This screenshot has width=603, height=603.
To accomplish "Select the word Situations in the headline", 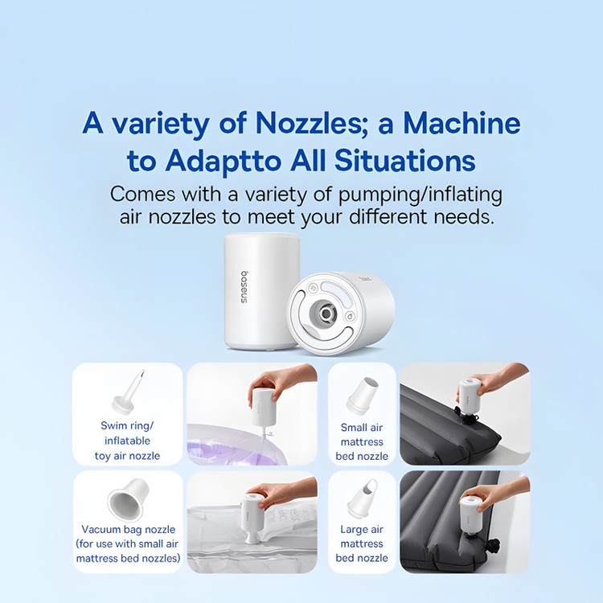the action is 405,160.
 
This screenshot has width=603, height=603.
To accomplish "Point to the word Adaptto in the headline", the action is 223,162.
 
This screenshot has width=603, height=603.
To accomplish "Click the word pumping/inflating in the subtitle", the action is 420,195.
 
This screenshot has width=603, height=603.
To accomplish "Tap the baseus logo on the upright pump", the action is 244,287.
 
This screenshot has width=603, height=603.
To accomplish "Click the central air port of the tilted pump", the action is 326,314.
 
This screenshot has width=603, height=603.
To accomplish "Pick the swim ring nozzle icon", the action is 129,391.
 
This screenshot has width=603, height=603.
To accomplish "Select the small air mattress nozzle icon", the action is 362,396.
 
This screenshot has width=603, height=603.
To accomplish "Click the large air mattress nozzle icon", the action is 362,498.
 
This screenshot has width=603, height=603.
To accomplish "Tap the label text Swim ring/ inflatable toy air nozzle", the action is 127,441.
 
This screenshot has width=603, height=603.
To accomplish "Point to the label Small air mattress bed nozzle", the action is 362,442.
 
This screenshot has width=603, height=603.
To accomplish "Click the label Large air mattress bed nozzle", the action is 362,544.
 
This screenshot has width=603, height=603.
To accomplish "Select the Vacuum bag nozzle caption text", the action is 128,544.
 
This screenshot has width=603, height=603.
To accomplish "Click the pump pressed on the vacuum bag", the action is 252,518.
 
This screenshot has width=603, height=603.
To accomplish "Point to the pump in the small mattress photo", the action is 470,397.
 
